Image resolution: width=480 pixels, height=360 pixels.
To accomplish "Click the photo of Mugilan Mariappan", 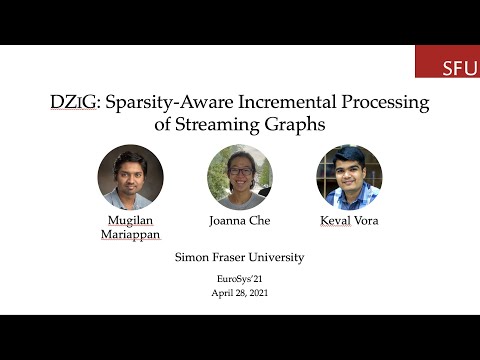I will tap(130, 177).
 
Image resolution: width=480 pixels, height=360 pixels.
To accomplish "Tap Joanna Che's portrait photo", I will tap(239, 177).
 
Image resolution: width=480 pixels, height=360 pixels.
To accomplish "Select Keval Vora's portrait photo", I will tap(348, 177).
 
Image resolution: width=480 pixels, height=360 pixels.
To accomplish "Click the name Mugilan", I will tap(130, 219).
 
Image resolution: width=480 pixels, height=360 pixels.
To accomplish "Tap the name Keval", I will tap(335, 219).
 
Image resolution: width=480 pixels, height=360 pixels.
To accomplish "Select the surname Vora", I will tap(368, 219).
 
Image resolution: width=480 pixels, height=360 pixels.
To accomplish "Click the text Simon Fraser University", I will tap(239, 257).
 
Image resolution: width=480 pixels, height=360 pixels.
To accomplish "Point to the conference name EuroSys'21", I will tap(239, 281).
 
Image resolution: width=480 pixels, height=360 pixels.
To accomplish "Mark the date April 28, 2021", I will tap(239, 294).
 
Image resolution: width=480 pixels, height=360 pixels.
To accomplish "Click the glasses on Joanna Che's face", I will tap(240, 170).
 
